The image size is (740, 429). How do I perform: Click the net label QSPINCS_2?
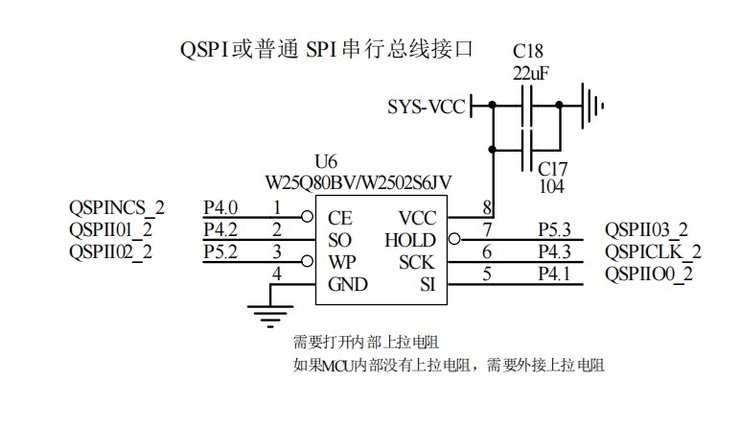tap(117, 207)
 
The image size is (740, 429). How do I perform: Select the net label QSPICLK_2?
tap(652, 252)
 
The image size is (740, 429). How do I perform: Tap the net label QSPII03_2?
tap(646, 230)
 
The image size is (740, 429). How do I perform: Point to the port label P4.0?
tap(220, 207)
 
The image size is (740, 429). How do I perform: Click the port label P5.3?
tap(554, 230)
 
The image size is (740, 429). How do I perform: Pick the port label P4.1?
tap(554, 274)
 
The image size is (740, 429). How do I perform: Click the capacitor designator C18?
tap(527, 50)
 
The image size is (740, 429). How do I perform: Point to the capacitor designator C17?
tap(552, 168)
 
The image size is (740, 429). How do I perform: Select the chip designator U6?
tap(325, 161)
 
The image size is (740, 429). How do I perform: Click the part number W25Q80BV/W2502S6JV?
tap(358, 180)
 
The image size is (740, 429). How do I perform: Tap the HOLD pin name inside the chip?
tap(409, 240)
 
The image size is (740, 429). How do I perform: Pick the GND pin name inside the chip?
tap(348, 284)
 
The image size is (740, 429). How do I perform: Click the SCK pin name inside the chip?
tap(417, 262)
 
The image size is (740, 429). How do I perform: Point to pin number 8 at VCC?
tap(487, 207)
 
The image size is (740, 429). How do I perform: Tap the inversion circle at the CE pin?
tap(309, 217)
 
